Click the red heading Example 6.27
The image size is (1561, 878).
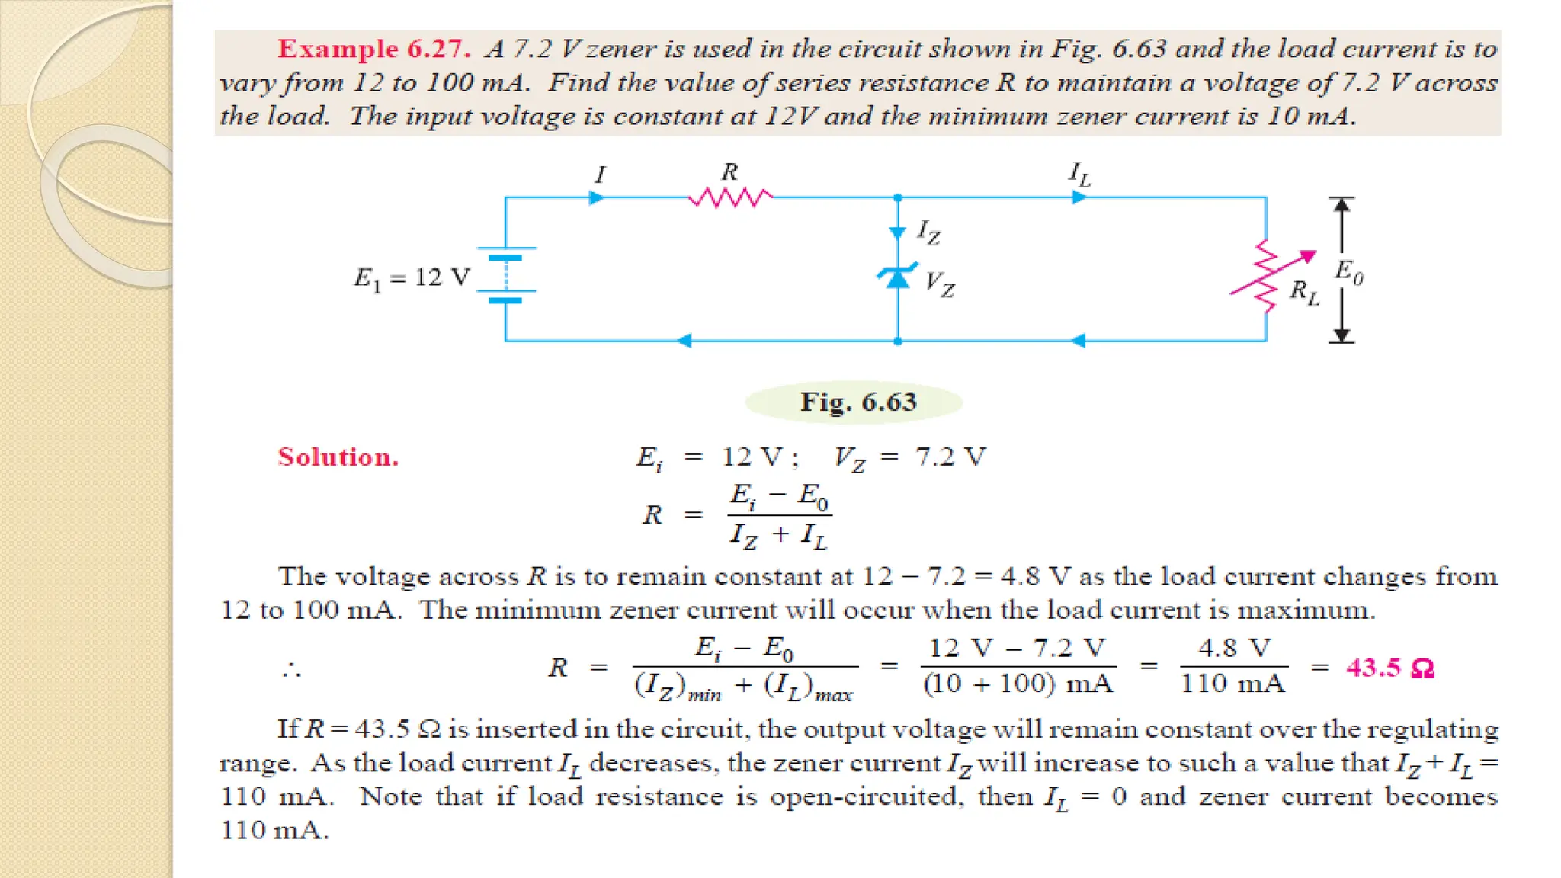373,49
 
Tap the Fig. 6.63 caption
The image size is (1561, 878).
857,402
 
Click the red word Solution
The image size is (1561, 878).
338,457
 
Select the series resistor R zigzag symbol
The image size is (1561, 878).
730,198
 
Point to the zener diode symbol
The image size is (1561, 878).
898,276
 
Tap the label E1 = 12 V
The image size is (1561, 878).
412,278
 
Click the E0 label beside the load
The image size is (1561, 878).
1348,271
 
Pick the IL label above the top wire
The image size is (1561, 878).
1079,175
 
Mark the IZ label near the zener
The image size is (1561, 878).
928,231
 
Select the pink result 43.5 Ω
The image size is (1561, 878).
1390,668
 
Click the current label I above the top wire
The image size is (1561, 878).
600,175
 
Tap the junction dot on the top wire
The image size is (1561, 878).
898,198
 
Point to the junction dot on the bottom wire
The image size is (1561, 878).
898,341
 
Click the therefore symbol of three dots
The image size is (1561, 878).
291,671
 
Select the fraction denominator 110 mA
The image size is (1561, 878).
1232,683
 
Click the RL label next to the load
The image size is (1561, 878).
1303,292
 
